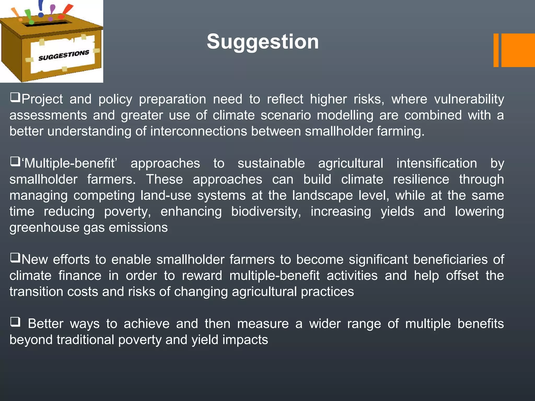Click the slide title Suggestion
(x=263, y=42)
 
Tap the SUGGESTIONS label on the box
(x=64, y=55)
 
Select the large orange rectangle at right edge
(x=518, y=50)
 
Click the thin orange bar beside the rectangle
(x=496, y=50)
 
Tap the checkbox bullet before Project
(x=15, y=98)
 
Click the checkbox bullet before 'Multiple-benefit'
(x=15, y=162)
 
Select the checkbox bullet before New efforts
(x=15, y=258)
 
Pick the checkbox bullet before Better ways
(x=15, y=322)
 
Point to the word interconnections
(x=199, y=131)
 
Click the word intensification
(x=437, y=163)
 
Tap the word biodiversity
(x=266, y=211)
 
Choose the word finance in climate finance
(x=80, y=276)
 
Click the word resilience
(x=421, y=179)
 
